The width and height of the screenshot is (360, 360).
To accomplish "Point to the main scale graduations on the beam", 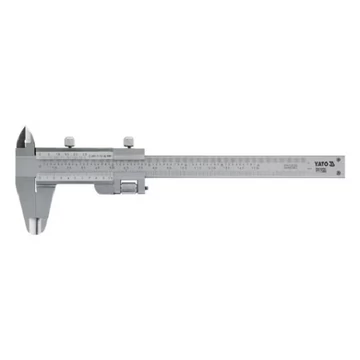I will pyautogui.click(x=230, y=166).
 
